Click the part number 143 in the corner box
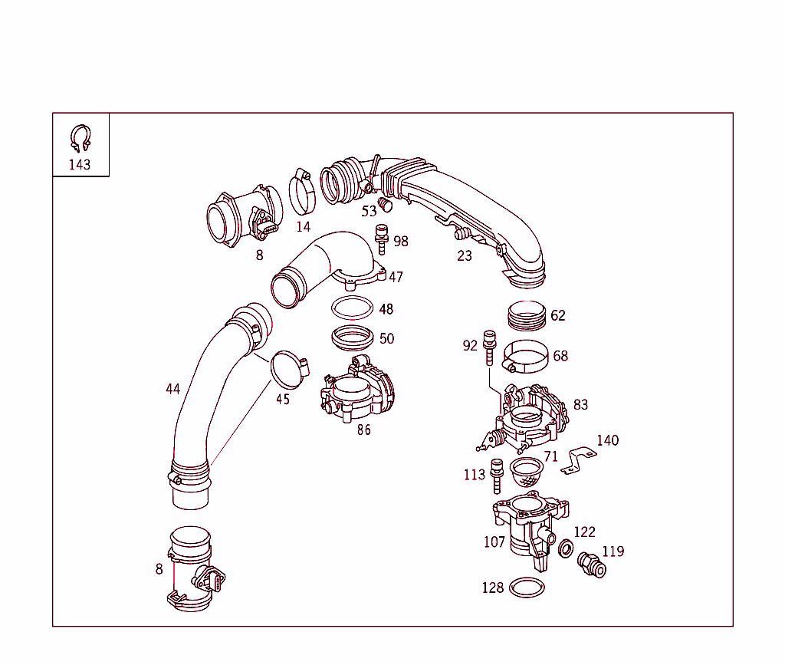[80, 164]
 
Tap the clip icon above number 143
[80, 139]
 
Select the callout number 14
[304, 226]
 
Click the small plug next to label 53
[386, 205]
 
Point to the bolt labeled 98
[380, 238]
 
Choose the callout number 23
[465, 255]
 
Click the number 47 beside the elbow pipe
[396, 277]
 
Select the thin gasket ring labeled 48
[352, 308]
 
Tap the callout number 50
[386, 338]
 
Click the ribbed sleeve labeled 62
[527, 314]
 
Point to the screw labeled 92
[489, 348]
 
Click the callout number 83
[580, 404]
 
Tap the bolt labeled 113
[496, 476]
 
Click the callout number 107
[494, 542]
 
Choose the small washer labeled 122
[566, 549]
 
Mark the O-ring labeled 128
[527, 588]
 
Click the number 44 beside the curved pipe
[173, 389]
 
